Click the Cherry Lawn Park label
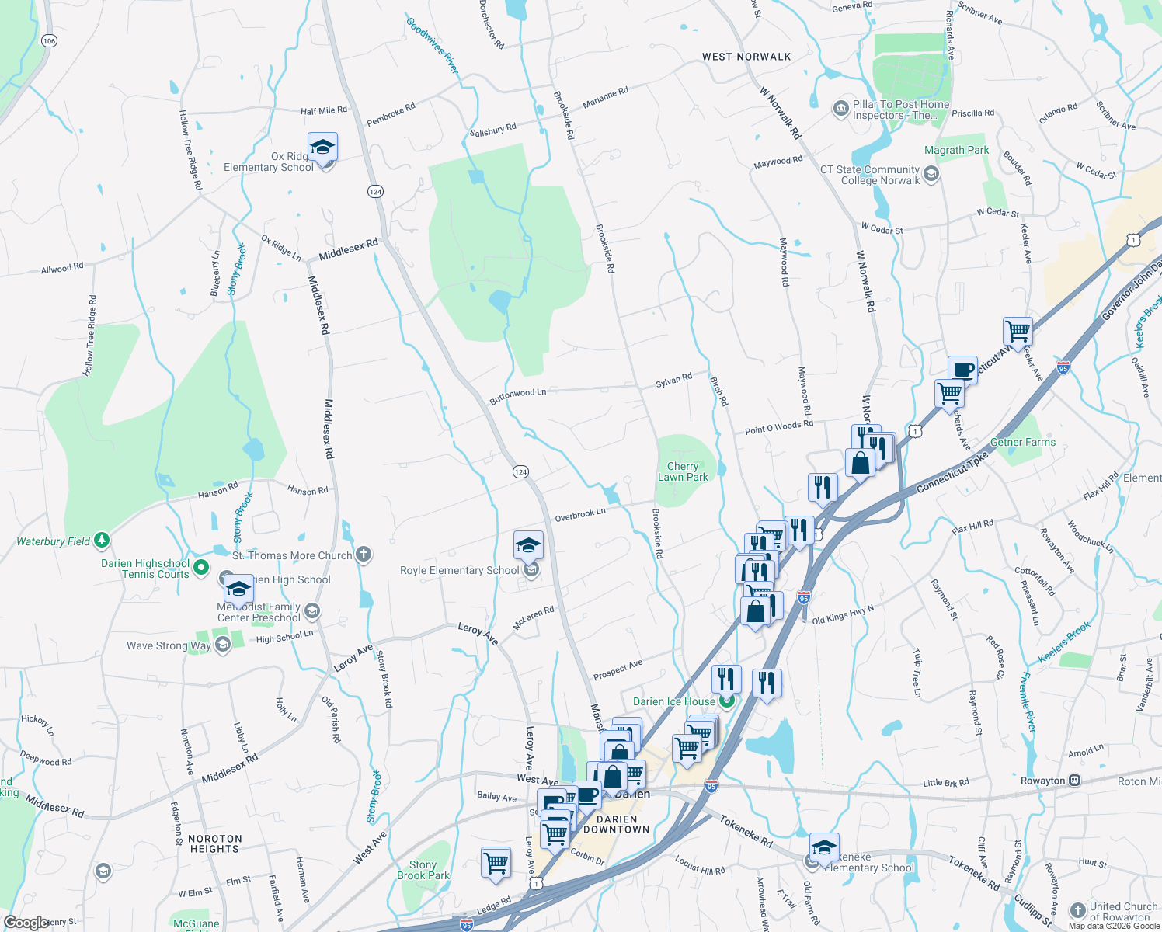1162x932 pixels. click(683, 471)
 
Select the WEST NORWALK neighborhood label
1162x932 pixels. click(746, 57)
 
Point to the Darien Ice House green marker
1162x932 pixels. click(727, 701)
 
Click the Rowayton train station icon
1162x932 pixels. click(1074, 781)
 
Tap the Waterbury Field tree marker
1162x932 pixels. click(101, 541)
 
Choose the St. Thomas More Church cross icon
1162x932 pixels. click(363, 555)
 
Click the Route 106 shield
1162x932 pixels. click(50, 40)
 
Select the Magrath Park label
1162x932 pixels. click(956, 150)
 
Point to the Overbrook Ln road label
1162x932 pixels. click(579, 515)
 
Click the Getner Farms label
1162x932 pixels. click(1023, 442)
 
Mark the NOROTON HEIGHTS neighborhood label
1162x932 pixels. click(215, 843)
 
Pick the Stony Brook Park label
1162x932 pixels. click(423, 870)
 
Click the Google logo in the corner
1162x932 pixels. click(26, 923)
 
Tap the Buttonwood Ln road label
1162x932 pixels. click(517, 396)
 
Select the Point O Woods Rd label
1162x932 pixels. click(778, 427)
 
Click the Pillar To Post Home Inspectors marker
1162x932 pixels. click(840, 109)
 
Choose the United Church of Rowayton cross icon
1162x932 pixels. click(1077, 910)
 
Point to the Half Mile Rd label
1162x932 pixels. click(324, 110)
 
